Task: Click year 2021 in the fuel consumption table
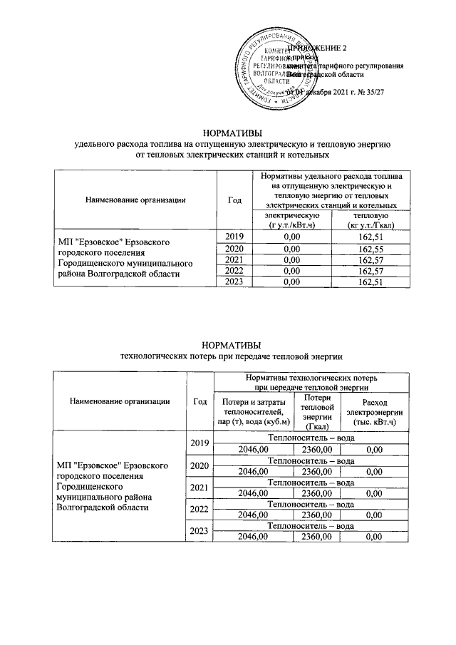point(234,260)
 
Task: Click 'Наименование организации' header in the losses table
point(120,401)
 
